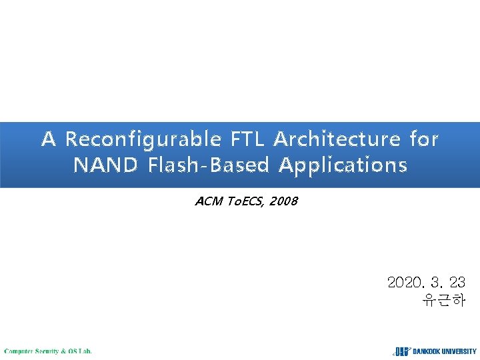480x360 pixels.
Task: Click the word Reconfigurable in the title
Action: pyautogui.click(x=143, y=139)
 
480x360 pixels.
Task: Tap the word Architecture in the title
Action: pyautogui.click(x=337, y=139)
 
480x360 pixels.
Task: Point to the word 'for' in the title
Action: pyautogui.click(x=424, y=139)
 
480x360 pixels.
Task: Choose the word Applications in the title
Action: pyautogui.click(x=343, y=165)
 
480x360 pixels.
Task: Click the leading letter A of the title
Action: pyautogui.click(x=49, y=139)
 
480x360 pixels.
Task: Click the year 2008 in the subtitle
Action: pyautogui.click(x=285, y=201)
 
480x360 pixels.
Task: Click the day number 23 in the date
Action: pyautogui.click(x=457, y=283)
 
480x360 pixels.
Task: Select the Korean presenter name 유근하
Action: pyautogui.click(x=443, y=300)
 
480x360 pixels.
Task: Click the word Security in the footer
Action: pyautogui.click(x=48, y=351)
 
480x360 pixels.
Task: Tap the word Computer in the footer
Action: pyautogui.click(x=19, y=351)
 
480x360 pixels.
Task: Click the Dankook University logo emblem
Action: pyautogui.click(x=401, y=351)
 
